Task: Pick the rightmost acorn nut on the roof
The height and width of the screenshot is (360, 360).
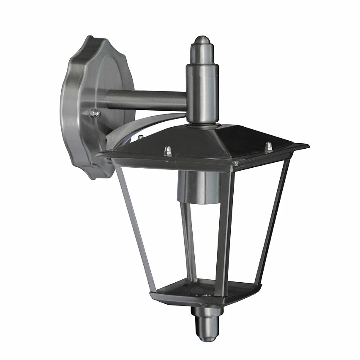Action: pyautogui.click(x=268, y=146)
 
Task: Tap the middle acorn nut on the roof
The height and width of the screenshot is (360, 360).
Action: pyautogui.click(x=168, y=150)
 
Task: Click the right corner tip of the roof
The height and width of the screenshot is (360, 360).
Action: pyautogui.click(x=307, y=147)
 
